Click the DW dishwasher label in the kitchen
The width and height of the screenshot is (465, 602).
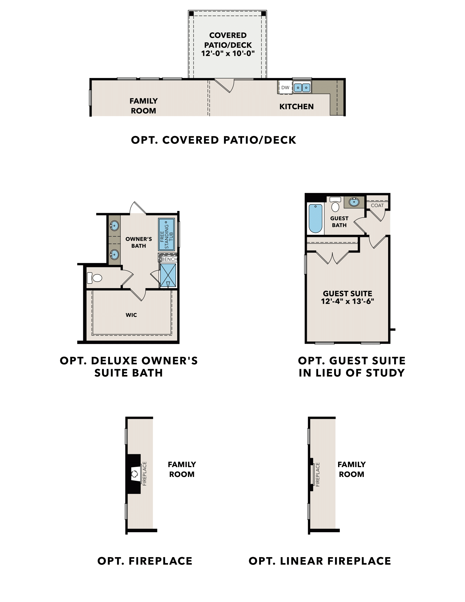(285, 88)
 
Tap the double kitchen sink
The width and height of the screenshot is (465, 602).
(302, 88)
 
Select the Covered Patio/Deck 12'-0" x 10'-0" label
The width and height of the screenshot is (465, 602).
(228, 44)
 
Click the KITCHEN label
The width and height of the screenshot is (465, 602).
(297, 107)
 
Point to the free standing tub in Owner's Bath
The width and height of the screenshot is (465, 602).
(166, 234)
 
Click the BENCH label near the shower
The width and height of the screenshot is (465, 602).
(169, 259)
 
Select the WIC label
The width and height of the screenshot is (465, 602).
(131, 315)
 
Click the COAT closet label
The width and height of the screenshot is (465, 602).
(377, 205)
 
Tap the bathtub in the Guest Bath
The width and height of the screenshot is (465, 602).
(315, 219)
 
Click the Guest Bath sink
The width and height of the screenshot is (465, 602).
(354, 202)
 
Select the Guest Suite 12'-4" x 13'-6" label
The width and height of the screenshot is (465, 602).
(347, 297)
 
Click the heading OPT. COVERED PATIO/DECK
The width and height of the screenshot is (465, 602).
(214, 140)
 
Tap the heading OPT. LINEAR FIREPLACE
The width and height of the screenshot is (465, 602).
(319, 561)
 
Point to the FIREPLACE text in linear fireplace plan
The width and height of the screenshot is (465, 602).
(318, 474)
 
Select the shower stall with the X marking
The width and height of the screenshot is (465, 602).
(168, 275)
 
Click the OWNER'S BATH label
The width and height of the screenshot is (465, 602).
(139, 242)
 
